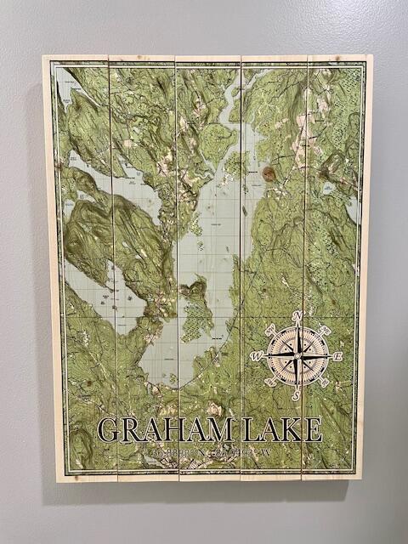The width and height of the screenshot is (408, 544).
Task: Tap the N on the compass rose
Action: (297, 316)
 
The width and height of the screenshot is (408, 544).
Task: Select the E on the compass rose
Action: (337, 356)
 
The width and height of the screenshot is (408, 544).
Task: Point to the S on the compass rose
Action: (297, 394)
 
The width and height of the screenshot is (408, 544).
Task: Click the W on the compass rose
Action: (258, 356)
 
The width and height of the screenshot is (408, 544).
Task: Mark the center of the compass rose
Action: (297, 355)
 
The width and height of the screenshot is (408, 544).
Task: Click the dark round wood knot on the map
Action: (269, 173)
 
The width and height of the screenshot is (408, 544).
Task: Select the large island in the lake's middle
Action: (195, 306)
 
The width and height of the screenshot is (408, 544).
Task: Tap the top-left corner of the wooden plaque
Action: (44, 58)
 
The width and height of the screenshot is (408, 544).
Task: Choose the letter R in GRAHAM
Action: (131, 429)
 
